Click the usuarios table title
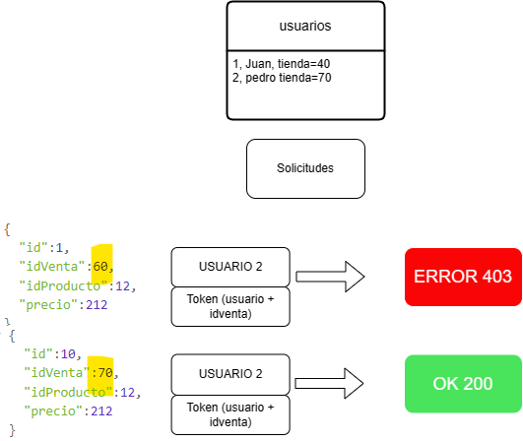click(x=305, y=26)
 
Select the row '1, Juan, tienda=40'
click(x=282, y=64)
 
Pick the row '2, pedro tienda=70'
click(x=282, y=78)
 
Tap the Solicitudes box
click(x=305, y=168)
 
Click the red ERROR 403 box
click(x=463, y=277)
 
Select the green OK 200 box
click(x=463, y=384)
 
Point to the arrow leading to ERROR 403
click(x=330, y=277)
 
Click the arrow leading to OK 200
click(x=329, y=383)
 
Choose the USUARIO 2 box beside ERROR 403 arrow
click(x=230, y=267)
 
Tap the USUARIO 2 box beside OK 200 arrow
click(x=230, y=374)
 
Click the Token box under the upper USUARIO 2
click(x=230, y=307)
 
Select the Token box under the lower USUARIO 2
click(x=230, y=415)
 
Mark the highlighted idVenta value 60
click(x=100, y=267)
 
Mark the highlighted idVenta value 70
click(x=105, y=373)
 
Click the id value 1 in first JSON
click(x=59, y=248)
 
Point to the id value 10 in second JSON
click(x=68, y=353)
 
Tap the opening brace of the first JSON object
click(x=7, y=229)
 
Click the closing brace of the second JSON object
click(x=12, y=430)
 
